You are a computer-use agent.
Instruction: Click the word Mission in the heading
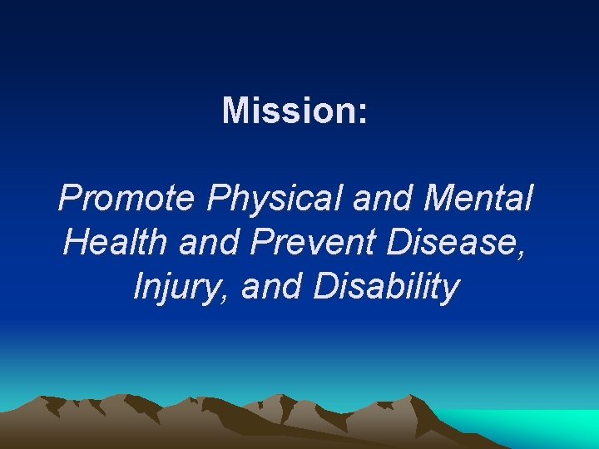289,111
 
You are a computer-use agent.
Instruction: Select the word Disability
386,288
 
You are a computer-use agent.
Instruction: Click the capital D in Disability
325,288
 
